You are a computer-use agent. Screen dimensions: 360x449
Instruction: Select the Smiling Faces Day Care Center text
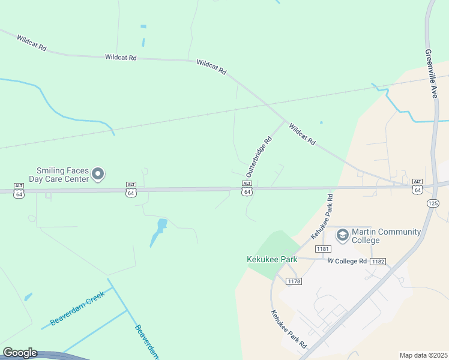click(x=62, y=175)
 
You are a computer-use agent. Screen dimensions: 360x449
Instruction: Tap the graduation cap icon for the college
click(x=342, y=234)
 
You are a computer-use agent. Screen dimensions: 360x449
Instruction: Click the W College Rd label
click(x=347, y=261)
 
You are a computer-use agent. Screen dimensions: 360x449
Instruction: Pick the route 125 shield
click(x=433, y=203)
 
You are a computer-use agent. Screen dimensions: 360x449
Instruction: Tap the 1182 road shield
click(x=378, y=262)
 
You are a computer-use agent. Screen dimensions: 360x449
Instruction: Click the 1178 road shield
click(x=293, y=281)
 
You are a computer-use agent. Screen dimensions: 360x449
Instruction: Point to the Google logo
click(x=20, y=353)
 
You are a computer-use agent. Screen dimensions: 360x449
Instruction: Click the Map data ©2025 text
click(x=424, y=355)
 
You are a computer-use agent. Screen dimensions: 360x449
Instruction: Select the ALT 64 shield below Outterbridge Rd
click(x=246, y=188)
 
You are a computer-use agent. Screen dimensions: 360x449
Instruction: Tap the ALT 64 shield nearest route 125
click(x=417, y=187)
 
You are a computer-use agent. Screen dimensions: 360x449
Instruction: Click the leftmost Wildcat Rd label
click(x=32, y=44)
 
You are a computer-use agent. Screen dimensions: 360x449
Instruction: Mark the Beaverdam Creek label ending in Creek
click(x=77, y=308)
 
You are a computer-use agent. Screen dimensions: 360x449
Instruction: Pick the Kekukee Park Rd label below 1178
click(x=288, y=329)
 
